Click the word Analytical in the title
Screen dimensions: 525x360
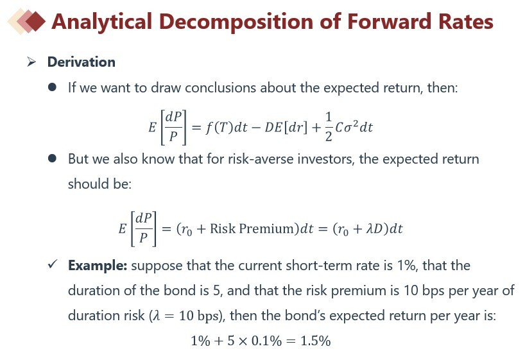tap(102, 22)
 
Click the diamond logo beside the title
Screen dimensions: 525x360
tap(26, 21)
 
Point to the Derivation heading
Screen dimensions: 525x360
tap(82, 62)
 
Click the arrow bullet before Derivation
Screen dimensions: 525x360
tap(31, 62)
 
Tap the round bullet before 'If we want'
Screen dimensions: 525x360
tap(52, 87)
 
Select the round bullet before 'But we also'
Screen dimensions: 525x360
tap(52, 159)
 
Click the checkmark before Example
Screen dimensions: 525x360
tap(53, 264)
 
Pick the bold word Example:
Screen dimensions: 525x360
tap(98, 266)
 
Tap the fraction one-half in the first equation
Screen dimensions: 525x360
tap(329, 126)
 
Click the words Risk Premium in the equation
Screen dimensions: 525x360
tap(254, 228)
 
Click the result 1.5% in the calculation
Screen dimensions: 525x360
tap(315, 341)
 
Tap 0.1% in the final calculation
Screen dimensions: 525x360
tap(266, 341)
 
